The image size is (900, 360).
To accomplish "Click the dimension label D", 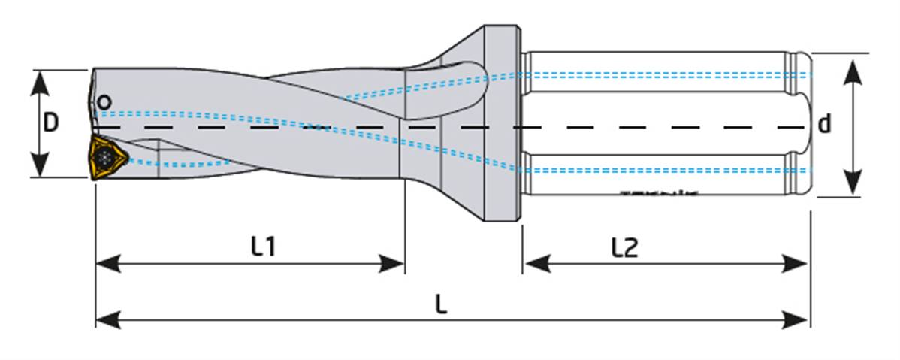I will point(50,123).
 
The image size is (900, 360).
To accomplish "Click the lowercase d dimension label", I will point(825,124).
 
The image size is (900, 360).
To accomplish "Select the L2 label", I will point(624,247).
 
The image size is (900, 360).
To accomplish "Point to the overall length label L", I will point(442,304).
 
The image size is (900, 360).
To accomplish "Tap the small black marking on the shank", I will point(660,192).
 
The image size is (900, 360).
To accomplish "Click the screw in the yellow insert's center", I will point(104,157).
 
